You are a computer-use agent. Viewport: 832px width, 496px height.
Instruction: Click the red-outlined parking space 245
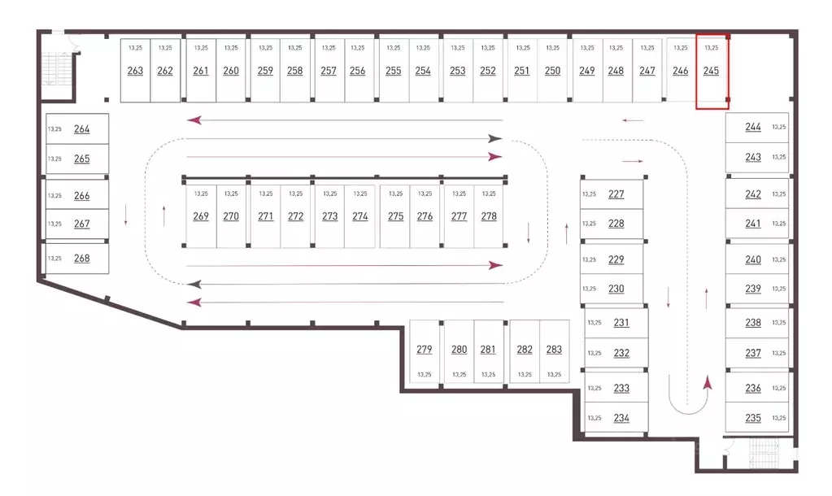(712, 72)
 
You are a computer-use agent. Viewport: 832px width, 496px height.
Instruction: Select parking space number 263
(135, 70)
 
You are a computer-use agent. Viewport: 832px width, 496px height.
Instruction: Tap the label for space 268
(81, 259)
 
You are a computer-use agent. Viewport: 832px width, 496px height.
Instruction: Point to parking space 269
(201, 216)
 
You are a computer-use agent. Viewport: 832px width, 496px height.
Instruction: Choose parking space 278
(490, 216)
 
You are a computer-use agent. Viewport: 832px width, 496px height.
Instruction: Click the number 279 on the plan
(424, 349)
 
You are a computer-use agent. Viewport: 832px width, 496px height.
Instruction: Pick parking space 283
(554, 351)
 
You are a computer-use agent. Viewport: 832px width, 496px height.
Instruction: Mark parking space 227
(612, 194)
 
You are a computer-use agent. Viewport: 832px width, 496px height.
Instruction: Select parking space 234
(616, 418)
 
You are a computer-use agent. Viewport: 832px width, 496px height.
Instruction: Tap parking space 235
(757, 418)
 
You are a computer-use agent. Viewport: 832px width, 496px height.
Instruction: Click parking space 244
(757, 128)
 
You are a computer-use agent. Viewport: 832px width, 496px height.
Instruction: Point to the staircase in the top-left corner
(57, 68)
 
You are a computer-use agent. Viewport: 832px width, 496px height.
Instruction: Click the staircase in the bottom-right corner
(764, 454)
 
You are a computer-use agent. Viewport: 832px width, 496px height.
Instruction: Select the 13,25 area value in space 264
(54, 129)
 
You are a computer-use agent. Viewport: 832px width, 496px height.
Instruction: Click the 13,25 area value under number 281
(488, 375)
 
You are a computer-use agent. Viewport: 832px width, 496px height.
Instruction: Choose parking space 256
(358, 70)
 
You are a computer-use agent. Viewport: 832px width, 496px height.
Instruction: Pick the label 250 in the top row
(552, 71)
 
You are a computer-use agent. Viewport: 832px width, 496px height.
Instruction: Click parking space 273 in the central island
(329, 216)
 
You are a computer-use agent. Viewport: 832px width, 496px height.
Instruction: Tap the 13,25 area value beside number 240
(779, 259)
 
